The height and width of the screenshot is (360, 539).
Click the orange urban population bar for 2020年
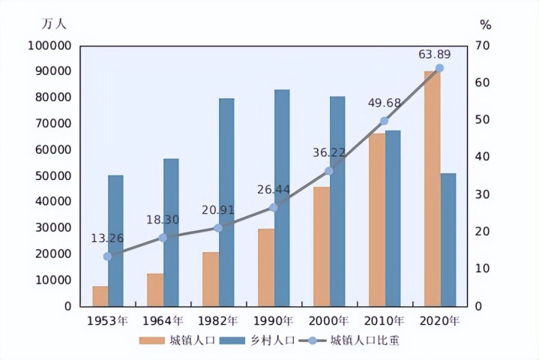coord(432,188)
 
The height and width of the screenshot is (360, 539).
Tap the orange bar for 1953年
coord(100,295)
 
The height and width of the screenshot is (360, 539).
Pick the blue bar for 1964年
coord(171,232)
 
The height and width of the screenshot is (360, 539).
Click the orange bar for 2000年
coord(322,246)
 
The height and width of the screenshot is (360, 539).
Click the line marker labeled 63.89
coord(439,68)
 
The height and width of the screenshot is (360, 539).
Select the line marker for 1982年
coord(218,228)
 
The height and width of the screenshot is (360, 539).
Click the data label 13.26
coord(107,238)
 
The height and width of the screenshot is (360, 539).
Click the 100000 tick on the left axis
coord(49,46)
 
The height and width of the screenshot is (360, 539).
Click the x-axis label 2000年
coord(328,321)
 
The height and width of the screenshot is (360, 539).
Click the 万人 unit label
coord(54,23)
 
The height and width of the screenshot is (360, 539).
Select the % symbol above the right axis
coord(485,25)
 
